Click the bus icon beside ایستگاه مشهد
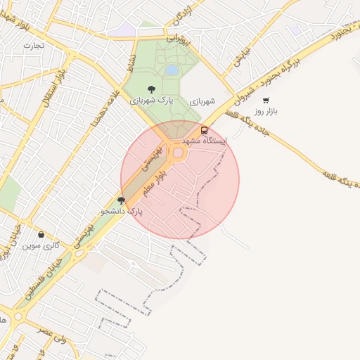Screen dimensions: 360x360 (205, 130)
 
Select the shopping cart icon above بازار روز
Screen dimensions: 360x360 (266, 101)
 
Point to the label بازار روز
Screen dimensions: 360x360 (267, 111)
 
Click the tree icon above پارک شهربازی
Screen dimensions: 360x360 (151, 89)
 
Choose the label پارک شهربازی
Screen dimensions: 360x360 (150, 101)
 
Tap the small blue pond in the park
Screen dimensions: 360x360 (172, 70)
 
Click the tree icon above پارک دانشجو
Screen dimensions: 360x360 (121, 200)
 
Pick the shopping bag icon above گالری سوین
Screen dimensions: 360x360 (41, 235)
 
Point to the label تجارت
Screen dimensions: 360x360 (33, 45)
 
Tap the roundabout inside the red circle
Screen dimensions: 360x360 (178, 153)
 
